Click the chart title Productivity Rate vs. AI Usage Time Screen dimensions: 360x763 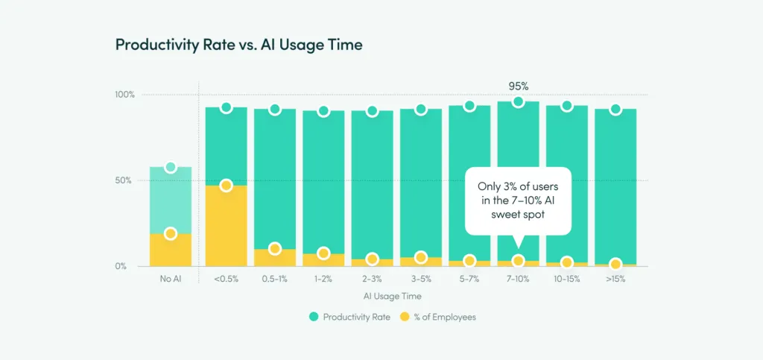click(238, 45)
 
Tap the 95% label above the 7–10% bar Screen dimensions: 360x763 click(518, 86)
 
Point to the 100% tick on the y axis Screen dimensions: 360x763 click(124, 95)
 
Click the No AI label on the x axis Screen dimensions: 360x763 click(171, 279)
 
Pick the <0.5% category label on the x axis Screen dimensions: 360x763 click(226, 279)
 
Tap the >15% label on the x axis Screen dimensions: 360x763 click(615, 279)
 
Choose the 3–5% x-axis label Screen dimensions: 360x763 click(420, 279)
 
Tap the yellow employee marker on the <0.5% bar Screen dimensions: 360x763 click(227, 186)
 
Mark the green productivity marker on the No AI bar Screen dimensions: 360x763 click(171, 167)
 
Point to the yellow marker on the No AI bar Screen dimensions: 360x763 click(171, 234)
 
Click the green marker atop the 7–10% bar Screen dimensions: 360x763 click(518, 101)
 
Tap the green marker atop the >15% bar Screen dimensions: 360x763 click(615, 110)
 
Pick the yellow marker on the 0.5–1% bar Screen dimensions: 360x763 click(275, 249)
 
